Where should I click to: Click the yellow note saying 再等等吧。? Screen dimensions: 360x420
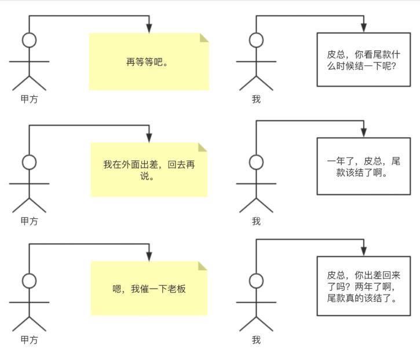tap(148, 62)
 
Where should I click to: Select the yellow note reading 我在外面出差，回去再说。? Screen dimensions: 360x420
tap(149, 170)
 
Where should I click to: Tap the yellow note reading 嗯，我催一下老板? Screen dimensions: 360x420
tap(149, 288)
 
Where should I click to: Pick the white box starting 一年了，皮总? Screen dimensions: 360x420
tap(364, 166)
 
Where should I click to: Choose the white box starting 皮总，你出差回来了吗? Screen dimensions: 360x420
tap(364, 286)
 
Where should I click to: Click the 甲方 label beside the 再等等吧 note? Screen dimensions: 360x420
tap(30, 100)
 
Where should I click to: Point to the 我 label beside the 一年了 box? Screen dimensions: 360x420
tap(256, 221)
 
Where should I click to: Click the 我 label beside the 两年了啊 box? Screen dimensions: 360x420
tap(256, 340)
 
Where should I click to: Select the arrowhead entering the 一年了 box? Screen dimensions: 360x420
tap(364, 133)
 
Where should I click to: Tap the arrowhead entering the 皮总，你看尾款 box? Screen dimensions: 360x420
tap(364, 27)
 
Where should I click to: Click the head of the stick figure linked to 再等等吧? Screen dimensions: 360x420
tap(29, 40)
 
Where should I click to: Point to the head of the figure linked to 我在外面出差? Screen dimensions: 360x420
tap(29, 161)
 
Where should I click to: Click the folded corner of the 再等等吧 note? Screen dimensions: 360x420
tap(204, 38)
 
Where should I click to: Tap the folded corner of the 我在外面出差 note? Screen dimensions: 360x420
tap(203, 147)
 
